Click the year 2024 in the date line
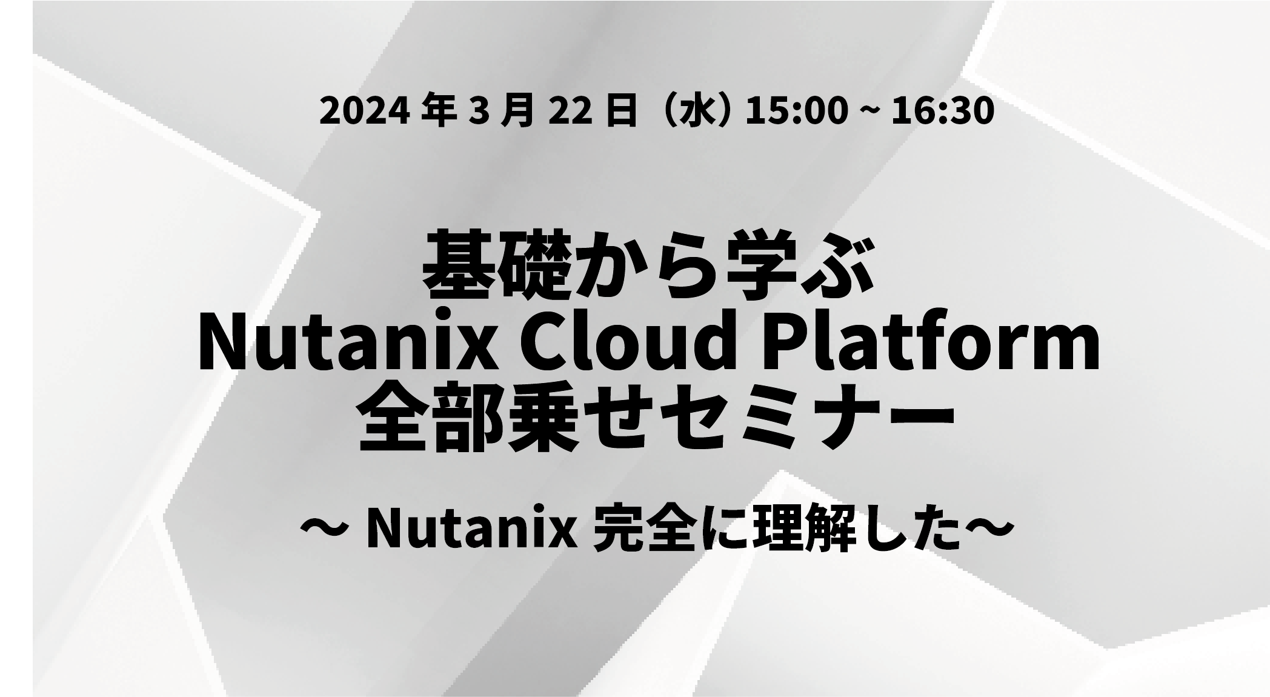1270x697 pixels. (359, 112)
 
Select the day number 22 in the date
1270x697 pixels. (570, 112)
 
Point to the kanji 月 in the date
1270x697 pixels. (517, 112)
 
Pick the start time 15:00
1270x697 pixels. (796, 112)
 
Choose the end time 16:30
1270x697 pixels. (943, 112)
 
